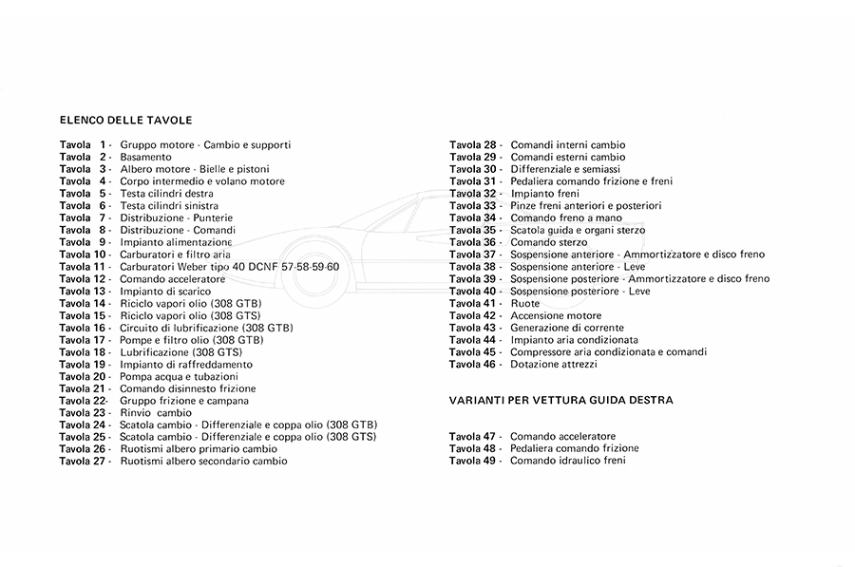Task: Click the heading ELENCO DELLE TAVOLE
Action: point(125,121)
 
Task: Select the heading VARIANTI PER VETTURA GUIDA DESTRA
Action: point(560,401)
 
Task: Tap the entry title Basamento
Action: point(145,157)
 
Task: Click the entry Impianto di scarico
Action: point(165,291)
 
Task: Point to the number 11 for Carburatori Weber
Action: point(101,267)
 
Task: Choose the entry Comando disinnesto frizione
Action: point(187,388)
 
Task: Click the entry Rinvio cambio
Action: point(156,413)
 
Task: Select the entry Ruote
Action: point(524,304)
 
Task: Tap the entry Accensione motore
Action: point(556,315)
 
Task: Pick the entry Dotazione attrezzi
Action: point(554,365)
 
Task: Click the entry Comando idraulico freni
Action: point(567,461)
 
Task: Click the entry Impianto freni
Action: point(544,194)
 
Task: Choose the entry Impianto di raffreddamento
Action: point(185,365)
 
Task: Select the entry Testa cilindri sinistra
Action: point(168,206)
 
